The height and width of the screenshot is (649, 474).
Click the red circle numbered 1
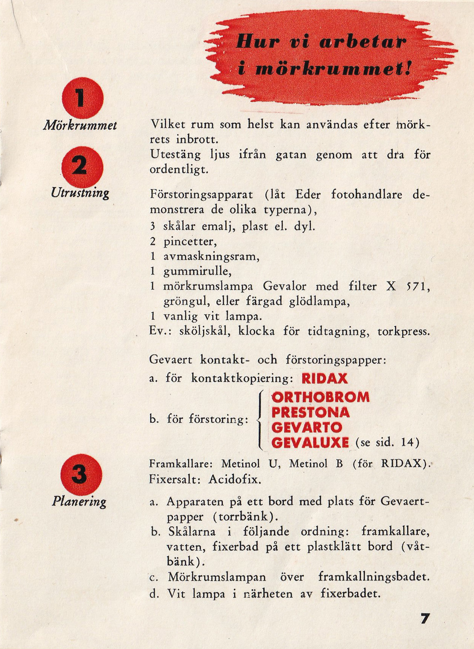(x=82, y=98)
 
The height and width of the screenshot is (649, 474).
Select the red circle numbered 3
(x=81, y=475)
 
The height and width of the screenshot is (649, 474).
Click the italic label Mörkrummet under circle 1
(x=80, y=125)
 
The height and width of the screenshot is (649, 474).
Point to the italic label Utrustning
(x=80, y=193)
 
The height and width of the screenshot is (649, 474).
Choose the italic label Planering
(x=79, y=502)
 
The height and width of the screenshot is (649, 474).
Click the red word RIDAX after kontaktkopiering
(x=325, y=378)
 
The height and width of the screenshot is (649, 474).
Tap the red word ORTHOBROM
(x=320, y=397)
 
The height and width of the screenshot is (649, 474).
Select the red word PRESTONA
(x=311, y=413)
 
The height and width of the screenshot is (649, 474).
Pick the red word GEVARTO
(x=307, y=428)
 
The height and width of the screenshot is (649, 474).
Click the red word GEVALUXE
(x=310, y=443)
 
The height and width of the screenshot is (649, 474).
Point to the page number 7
(x=425, y=619)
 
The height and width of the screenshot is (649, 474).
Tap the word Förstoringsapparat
(x=201, y=195)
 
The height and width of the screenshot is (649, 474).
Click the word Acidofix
(x=235, y=480)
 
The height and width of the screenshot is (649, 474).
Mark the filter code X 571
(x=408, y=287)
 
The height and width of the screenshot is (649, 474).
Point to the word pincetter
(x=190, y=241)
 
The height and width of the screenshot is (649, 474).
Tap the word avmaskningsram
(x=211, y=257)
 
